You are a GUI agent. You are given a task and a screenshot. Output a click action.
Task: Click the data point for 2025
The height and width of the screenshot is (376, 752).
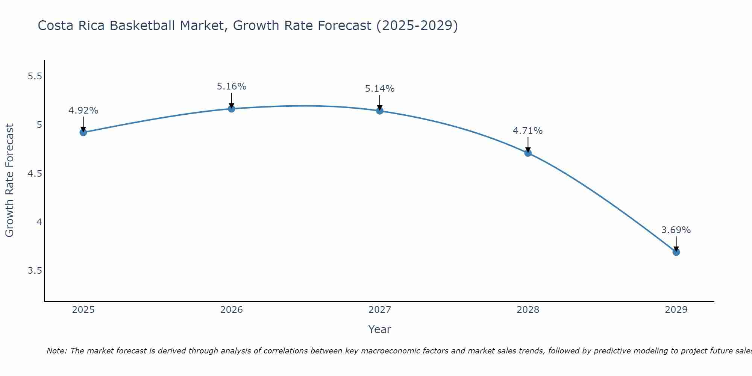[x=83, y=132]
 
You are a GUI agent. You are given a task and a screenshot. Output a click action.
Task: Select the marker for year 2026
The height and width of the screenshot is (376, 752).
[x=232, y=109]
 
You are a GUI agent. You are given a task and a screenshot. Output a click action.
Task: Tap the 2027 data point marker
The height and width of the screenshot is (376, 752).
[x=380, y=111]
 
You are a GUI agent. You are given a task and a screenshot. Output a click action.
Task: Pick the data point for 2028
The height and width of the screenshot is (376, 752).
[x=528, y=153]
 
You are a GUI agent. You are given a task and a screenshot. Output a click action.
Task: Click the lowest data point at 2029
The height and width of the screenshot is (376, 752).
[x=676, y=252]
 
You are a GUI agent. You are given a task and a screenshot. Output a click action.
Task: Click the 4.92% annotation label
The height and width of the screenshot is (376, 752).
[x=83, y=111]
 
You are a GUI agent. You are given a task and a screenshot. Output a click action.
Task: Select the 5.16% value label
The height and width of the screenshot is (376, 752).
[x=232, y=86]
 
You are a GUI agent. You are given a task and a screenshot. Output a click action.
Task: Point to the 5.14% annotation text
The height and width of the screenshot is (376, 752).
[x=380, y=89]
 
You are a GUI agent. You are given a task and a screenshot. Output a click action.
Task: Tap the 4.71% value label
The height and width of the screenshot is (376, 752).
[x=528, y=131]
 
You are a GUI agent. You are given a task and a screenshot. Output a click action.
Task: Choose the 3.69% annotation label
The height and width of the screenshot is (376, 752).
[x=676, y=230]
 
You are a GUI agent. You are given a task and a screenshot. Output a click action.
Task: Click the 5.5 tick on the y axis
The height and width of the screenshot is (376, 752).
[x=35, y=76]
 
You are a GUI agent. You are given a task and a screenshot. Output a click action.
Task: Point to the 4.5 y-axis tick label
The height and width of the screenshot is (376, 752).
[x=35, y=174]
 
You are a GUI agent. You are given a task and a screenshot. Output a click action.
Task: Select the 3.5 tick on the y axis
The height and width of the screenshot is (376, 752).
[x=35, y=271]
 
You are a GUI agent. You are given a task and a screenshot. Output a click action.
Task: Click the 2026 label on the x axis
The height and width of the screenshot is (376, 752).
[x=232, y=310]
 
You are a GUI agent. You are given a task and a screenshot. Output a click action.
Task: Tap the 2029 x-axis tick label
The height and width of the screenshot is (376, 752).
[x=676, y=310]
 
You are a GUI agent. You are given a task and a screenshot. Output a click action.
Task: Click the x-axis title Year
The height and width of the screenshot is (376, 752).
[x=380, y=329]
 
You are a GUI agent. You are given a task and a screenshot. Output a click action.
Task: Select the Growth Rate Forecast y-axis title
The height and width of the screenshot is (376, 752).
[x=10, y=180]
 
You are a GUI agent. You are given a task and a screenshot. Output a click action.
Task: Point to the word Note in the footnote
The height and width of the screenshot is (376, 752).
[x=56, y=351]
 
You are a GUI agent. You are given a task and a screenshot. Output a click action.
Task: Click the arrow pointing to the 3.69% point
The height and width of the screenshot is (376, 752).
[x=676, y=244]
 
